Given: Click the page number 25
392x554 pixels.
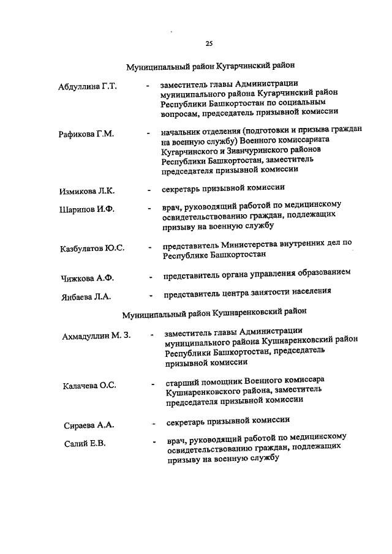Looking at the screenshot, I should coord(209,43).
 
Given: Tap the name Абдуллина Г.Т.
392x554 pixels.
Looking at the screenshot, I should coord(88,87).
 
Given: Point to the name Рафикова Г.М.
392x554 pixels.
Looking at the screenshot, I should coord(86,133).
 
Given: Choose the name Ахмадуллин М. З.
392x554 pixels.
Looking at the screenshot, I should coord(97,337).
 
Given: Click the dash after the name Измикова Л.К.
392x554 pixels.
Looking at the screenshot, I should coord(149,190).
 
